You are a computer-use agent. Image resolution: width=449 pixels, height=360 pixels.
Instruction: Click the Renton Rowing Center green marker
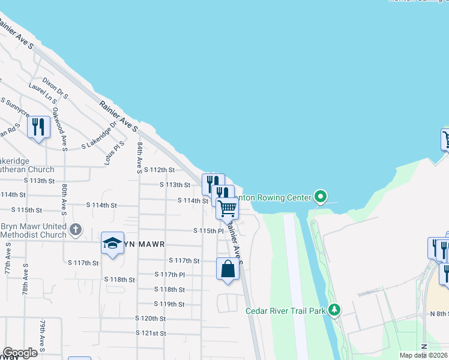click(x=321, y=197)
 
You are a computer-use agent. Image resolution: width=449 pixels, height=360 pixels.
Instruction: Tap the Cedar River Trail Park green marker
click(x=334, y=310)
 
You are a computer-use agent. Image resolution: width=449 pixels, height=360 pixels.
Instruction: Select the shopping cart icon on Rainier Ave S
click(x=228, y=208)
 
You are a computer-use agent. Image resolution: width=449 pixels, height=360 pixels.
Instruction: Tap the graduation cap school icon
click(x=112, y=243)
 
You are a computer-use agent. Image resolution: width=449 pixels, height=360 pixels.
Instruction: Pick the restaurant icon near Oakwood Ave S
click(x=38, y=127)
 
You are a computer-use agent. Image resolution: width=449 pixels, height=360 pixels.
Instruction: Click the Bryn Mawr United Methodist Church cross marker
click(x=76, y=229)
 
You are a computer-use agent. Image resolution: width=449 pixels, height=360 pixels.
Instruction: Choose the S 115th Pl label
click(x=208, y=231)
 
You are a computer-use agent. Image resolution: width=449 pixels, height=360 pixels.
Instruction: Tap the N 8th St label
click(x=439, y=314)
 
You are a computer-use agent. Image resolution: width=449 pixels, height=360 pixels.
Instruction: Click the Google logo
click(x=20, y=353)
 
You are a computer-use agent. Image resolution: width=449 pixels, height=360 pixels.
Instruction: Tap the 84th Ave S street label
click(x=139, y=158)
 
